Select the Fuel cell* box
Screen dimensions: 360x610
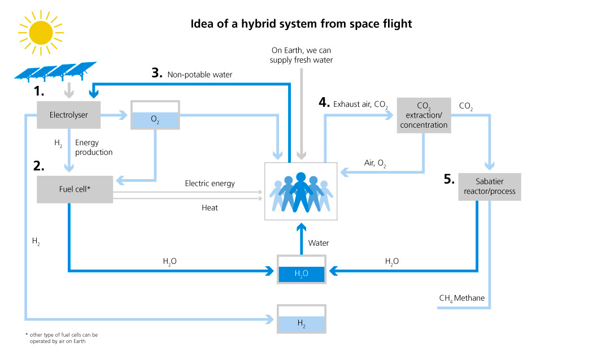(75, 189)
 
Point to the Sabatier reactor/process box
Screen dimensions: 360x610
(489, 187)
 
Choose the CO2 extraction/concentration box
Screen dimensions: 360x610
(424, 115)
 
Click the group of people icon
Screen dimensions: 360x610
(301, 192)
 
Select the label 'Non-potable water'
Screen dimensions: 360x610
(200, 74)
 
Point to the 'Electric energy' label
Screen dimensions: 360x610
(210, 184)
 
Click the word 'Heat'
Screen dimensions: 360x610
(210, 208)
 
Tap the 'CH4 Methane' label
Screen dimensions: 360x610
(461, 298)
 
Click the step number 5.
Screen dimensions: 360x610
(449, 180)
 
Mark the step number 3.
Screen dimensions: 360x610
(157, 73)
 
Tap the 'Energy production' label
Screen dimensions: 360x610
(94, 148)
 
